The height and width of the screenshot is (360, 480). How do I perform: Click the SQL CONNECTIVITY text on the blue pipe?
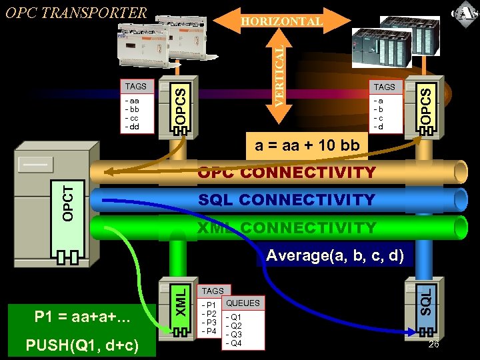coord(287,199)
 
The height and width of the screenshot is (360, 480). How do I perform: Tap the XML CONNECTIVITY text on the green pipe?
coord(287,228)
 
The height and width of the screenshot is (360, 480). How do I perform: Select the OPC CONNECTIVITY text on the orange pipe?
coord(287,173)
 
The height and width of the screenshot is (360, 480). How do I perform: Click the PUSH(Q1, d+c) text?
coord(81,345)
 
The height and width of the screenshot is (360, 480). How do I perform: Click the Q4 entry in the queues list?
coord(235,343)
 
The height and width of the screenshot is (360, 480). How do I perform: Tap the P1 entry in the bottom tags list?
coord(210,305)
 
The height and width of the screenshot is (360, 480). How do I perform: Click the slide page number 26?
coord(433,344)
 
